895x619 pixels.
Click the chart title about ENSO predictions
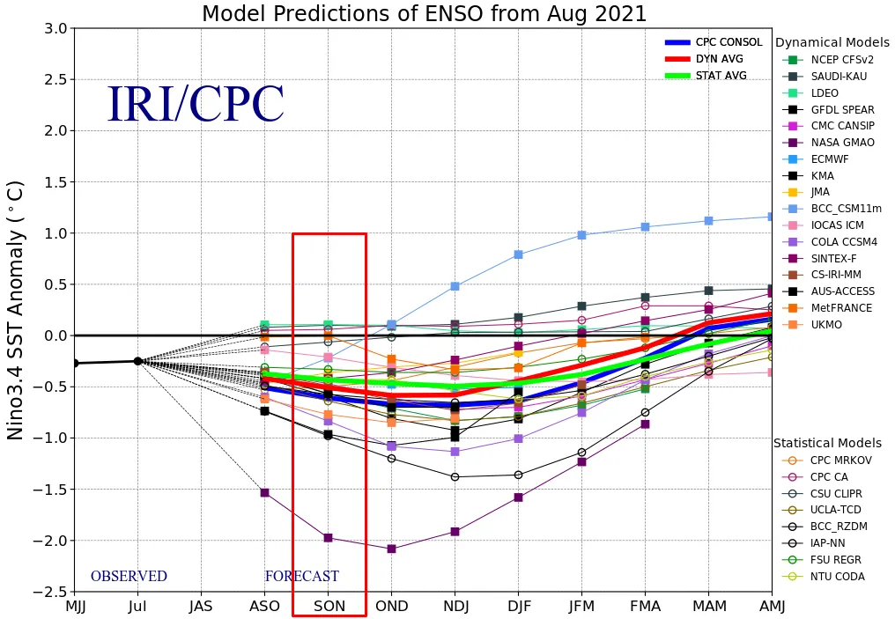point(424,14)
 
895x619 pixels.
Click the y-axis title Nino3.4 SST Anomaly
point(16,309)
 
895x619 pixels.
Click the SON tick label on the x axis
point(329,608)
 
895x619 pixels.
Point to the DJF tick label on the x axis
point(518,608)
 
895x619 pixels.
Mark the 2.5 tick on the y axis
point(55,79)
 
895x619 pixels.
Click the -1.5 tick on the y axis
point(53,489)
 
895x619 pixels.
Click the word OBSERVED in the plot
point(129,577)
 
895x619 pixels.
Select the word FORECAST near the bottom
point(301,577)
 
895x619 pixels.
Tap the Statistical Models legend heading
point(832,443)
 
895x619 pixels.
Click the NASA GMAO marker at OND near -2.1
point(392,549)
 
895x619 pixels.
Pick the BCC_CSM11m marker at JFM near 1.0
point(581,235)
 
